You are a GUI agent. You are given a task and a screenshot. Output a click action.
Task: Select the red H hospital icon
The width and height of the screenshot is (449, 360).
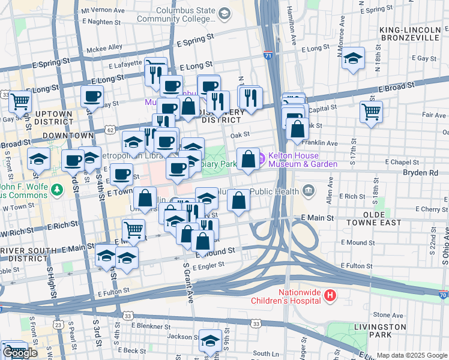(x=330, y=295)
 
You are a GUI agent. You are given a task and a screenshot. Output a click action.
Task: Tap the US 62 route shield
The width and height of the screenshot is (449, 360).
(x=109, y=129)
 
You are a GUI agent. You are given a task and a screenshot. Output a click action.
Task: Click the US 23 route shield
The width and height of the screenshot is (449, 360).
(x=58, y=325)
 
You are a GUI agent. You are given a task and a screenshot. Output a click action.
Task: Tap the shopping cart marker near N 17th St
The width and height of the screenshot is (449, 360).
(x=372, y=111)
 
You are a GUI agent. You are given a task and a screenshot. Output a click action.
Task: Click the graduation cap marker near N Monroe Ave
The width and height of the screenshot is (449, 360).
(x=354, y=58)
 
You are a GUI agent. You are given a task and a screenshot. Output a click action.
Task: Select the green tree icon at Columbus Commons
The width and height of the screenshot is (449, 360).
(x=57, y=190)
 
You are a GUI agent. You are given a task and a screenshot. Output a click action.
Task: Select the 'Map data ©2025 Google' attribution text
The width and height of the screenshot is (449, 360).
(x=412, y=355)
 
